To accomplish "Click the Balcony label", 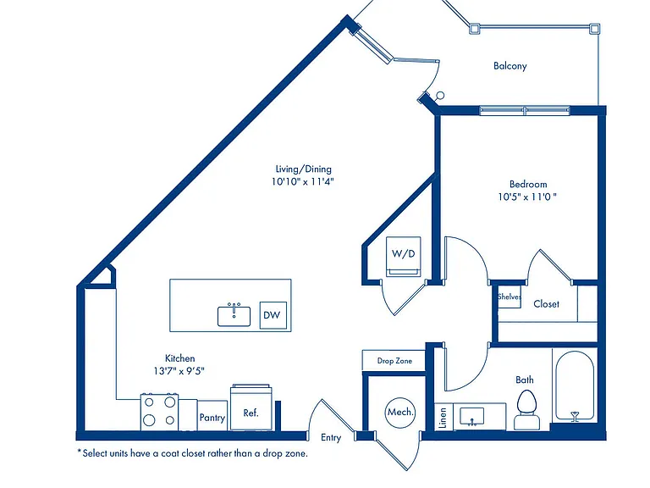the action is (x=510, y=66).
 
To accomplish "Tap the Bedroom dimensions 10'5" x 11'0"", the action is (x=527, y=197).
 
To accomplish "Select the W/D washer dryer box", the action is (x=404, y=257).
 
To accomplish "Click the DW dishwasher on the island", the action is (x=273, y=315).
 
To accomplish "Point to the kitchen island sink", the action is (x=234, y=316).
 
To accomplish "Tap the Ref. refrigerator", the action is (x=251, y=408).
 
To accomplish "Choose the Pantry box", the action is (x=212, y=416).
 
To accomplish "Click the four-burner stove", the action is (x=160, y=412).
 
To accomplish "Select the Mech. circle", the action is (x=400, y=412).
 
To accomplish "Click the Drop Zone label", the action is (x=394, y=361).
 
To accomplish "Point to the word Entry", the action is (x=331, y=438).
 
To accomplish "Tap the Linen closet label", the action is (x=443, y=418).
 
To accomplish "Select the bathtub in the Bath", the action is (x=575, y=386).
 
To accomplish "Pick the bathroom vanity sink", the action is (x=471, y=417).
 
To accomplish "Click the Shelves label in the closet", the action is (x=510, y=297).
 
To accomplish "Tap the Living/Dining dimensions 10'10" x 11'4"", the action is (x=303, y=181).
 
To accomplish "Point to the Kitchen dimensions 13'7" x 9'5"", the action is (x=179, y=370).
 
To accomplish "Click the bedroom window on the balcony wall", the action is (x=525, y=110).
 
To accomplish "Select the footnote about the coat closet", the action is (x=193, y=453).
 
